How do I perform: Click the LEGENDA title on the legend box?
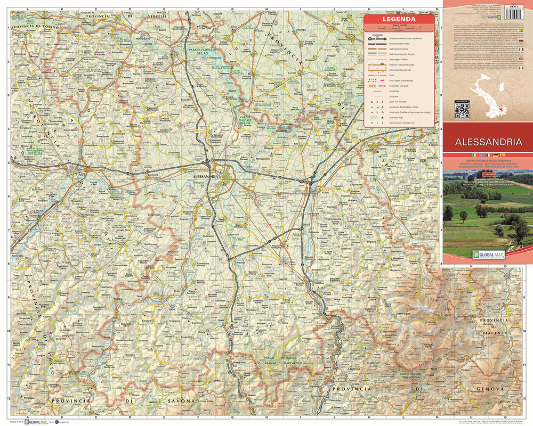coord(399,19)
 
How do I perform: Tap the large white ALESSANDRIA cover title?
coord(488,142)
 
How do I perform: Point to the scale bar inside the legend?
coord(399,29)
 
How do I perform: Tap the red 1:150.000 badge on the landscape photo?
coord(488,174)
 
